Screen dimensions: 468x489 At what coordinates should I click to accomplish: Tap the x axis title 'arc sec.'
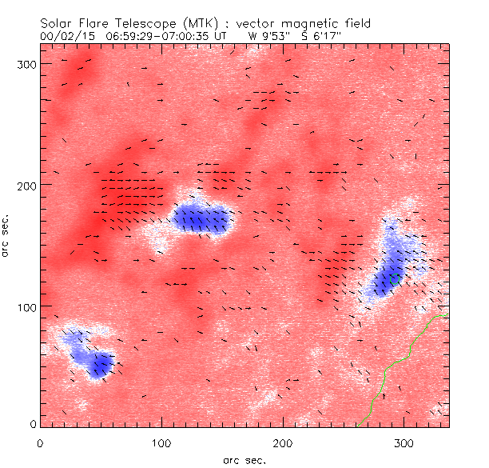(x=244, y=459)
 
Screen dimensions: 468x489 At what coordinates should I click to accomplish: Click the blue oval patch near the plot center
(x=201, y=218)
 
